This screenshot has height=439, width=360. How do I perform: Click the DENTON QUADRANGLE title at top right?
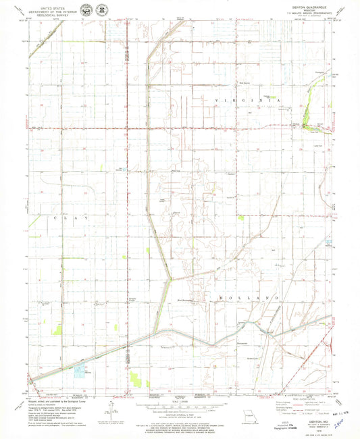303,6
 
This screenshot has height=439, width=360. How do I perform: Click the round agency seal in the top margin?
86,9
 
